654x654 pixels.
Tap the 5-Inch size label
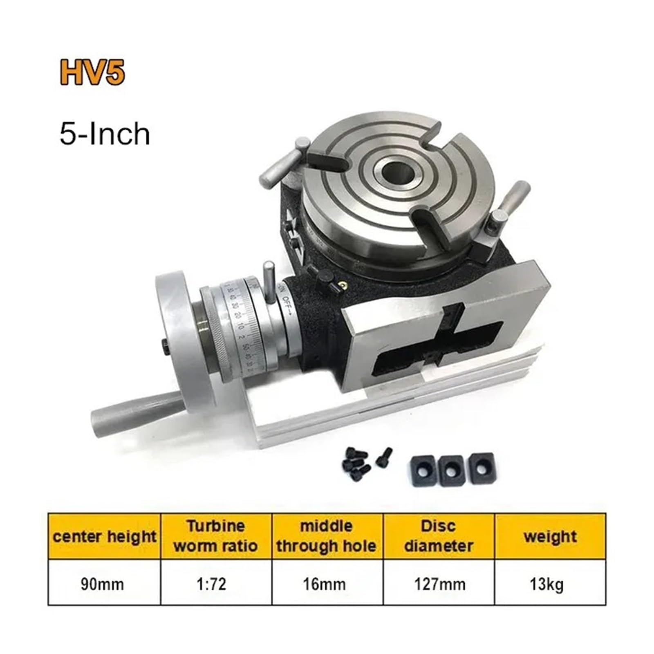[x=105, y=134]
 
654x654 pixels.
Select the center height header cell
[x=105, y=536]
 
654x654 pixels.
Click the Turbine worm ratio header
[x=216, y=536]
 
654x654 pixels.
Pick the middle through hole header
[x=327, y=536]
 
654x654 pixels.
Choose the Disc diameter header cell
[x=439, y=536]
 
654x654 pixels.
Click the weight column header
[x=550, y=536]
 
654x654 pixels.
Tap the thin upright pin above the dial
[x=269, y=282]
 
